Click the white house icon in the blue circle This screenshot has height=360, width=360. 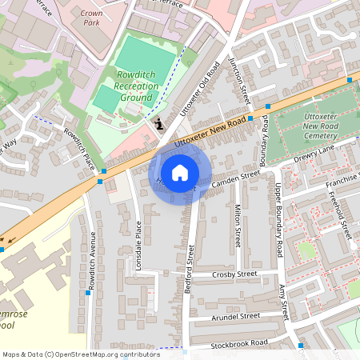pyautogui.click(x=180, y=173)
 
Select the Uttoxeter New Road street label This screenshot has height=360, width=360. pyautogui.click(x=210, y=130)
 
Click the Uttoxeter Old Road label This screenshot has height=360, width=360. pyautogui.click(x=198, y=87)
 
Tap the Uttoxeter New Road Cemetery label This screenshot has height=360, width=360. pyautogui.click(x=315, y=117)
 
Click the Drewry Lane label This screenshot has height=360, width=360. pyautogui.click(x=314, y=155)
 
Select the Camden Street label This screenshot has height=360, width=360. pyautogui.click(x=237, y=177)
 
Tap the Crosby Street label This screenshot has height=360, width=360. pyautogui.click(x=234, y=274)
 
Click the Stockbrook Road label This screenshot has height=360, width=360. pyautogui.click(x=240, y=342)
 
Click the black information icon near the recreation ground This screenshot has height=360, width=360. pyautogui.click(x=158, y=123)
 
